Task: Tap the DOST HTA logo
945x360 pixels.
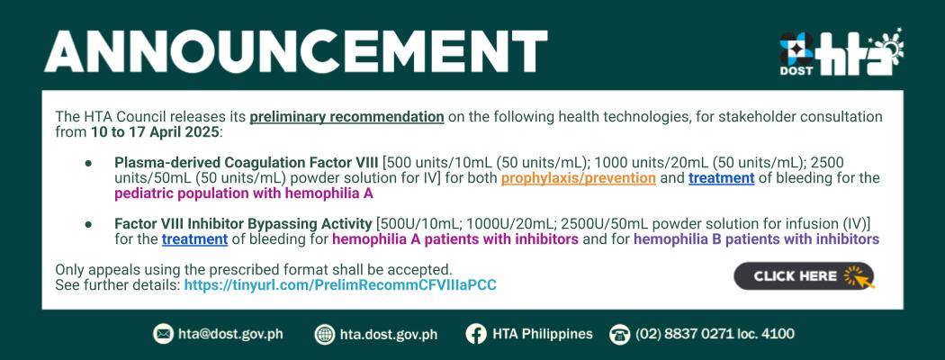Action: pyautogui.click(x=841, y=52)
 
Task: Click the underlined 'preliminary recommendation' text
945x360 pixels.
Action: pyautogui.click(x=347, y=117)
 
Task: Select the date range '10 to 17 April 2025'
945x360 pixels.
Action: pyautogui.click(x=155, y=132)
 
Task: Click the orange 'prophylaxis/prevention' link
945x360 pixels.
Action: pyautogui.click(x=579, y=178)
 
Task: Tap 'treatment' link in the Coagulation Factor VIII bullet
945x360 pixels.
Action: pyautogui.click(x=722, y=178)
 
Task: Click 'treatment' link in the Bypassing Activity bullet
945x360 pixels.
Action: pyautogui.click(x=194, y=239)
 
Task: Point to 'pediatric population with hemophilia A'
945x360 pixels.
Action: pyautogui.click(x=244, y=193)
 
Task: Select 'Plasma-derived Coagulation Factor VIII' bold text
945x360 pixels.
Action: pyautogui.click(x=247, y=163)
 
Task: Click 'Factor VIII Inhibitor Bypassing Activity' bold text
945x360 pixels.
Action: pyautogui.click(x=243, y=224)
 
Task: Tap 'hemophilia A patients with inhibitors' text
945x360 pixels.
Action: pyautogui.click(x=455, y=239)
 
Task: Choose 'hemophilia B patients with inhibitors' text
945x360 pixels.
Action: pyautogui.click(x=756, y=239)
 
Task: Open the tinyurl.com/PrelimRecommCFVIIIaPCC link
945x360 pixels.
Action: pyautogui.click(x=340, y=285)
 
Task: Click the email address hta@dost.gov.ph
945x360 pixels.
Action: pyautogui.click(x=230, y=334)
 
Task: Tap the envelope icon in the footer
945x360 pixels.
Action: pyautogui.click(x=163, y=334)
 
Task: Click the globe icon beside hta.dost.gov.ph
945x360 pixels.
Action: pyautogui.click(x=324, y=334)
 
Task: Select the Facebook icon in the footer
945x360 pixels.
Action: pyautogui.click(x=475, y=334)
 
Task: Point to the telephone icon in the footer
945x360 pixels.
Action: pyautogui.click(x=619, y=334)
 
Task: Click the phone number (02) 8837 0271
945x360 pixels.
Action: pyautogui.click(x=691, y=334)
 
